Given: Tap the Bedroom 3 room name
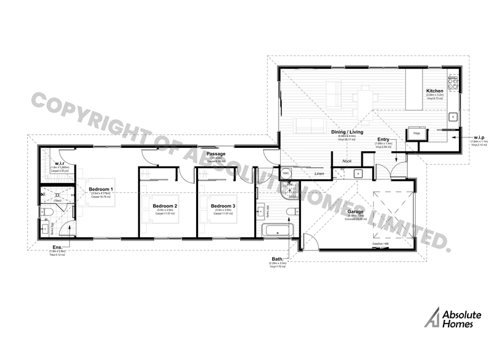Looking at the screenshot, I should pyautogui.click(x=222, y=206).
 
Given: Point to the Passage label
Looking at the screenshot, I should pyautogui.click(x=215, y=154).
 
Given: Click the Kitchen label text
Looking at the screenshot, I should pyautogui.click(x=435, y=91).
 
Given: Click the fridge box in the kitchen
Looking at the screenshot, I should pyautogui.click(x=416, y=133).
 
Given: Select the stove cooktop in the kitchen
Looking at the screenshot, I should pyautogui.click(x=453, y=82).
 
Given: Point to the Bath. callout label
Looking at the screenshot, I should pyautogui.click(x=277, y=259).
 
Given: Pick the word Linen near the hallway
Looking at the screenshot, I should pyautogui.click(x=319, y=174).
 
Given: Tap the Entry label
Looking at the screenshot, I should pyautogui.click(x=383, y=140).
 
